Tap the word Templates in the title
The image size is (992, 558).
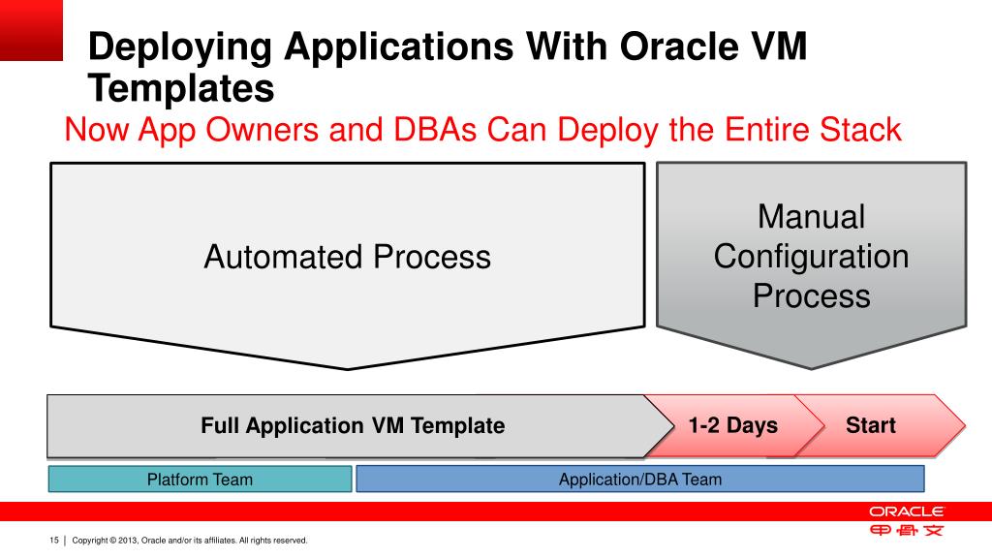tap(182, 88)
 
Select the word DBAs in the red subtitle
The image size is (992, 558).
tap(421, 129)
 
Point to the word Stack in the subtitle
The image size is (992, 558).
tap(859, 129)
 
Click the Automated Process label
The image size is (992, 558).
tap(347, 257)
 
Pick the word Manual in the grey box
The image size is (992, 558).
tap(811, 217)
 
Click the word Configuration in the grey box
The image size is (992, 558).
tap(811, 257)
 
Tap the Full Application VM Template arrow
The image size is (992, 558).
tap(353, 425)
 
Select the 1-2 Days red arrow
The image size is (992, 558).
tap(732, 425)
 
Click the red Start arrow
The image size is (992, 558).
tap(871, 425)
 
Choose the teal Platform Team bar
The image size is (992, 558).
tap(200, 479)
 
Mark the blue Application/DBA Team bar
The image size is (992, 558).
tap(639, 479)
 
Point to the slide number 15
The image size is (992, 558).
tap(54, 540)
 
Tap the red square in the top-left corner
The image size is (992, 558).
tap(31, 30)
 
